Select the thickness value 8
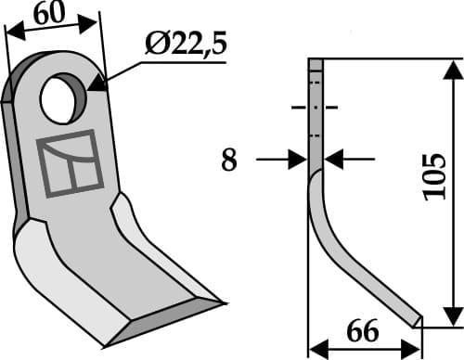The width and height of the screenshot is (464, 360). pos(228,161)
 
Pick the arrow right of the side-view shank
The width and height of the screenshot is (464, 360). pos(335,161)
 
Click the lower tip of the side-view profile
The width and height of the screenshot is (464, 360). pos(418,322)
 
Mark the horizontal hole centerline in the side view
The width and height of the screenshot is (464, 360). pos(315,109)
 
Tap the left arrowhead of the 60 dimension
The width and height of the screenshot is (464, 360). pos(13,29)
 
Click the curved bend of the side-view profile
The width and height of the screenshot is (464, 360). pos(321,213)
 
